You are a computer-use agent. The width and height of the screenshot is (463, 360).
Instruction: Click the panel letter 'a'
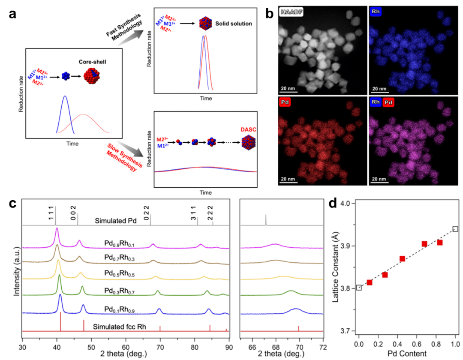tap(12, 14)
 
